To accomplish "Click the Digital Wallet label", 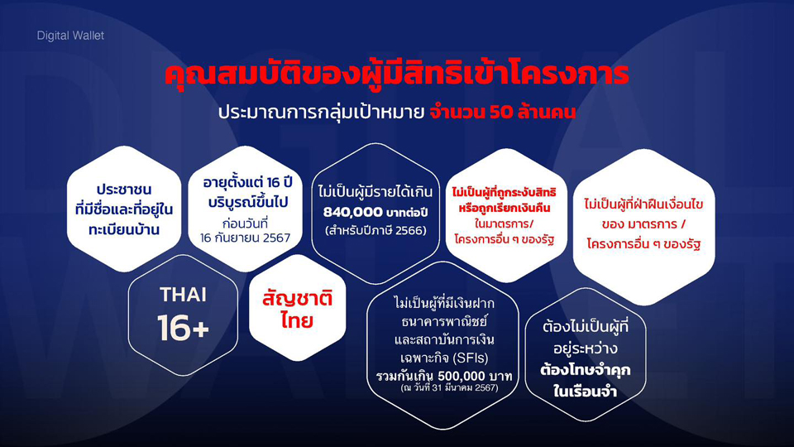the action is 70,36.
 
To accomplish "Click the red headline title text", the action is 396,74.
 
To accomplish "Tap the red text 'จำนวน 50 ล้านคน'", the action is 502,112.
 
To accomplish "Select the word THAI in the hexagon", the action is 184,295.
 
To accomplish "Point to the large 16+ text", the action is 183,328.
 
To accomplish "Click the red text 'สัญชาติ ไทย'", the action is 297,309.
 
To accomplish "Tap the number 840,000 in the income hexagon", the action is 353,212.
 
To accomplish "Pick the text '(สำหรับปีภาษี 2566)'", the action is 375,231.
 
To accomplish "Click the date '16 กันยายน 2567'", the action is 245,238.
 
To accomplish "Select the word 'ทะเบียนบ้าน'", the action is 124,229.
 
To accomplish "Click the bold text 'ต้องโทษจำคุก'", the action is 585,370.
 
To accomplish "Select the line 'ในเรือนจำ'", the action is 585,392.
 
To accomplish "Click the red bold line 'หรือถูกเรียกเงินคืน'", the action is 505,208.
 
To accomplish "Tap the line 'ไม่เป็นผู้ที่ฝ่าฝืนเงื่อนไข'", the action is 643,204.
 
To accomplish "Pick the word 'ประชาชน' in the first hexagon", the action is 124,190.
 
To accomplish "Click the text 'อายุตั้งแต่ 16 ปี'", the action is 247,182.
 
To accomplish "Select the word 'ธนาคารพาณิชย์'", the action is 444,322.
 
